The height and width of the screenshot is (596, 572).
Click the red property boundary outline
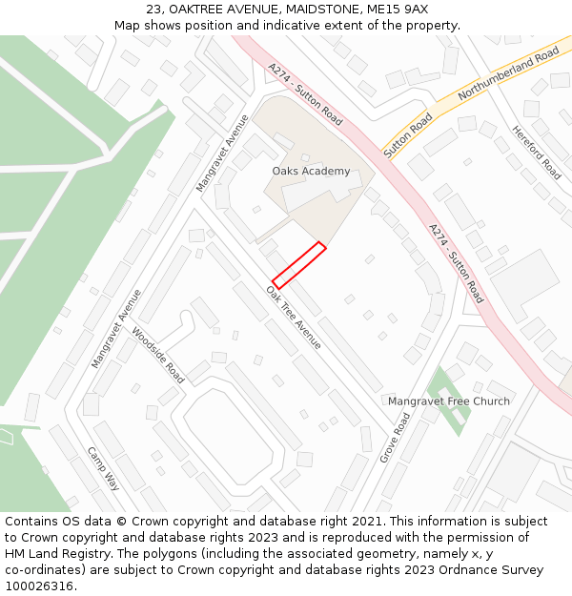299,265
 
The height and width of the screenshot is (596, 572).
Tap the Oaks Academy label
311,172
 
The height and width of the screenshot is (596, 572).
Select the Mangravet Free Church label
448,401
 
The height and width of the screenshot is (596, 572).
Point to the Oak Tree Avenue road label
295,316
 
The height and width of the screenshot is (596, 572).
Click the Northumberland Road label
508,77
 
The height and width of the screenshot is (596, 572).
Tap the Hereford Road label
537,153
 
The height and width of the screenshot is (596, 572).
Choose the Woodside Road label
158,355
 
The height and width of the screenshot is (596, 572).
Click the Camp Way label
104,468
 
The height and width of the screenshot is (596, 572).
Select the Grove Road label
395,438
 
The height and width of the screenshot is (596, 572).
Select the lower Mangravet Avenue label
115,329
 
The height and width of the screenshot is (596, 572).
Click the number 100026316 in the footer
40,586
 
